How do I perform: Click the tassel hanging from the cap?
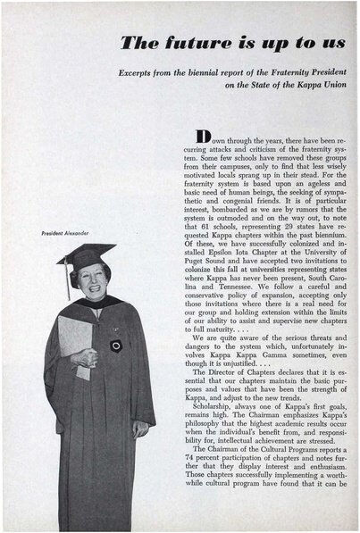pyautogui.click(x=68, y=279)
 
